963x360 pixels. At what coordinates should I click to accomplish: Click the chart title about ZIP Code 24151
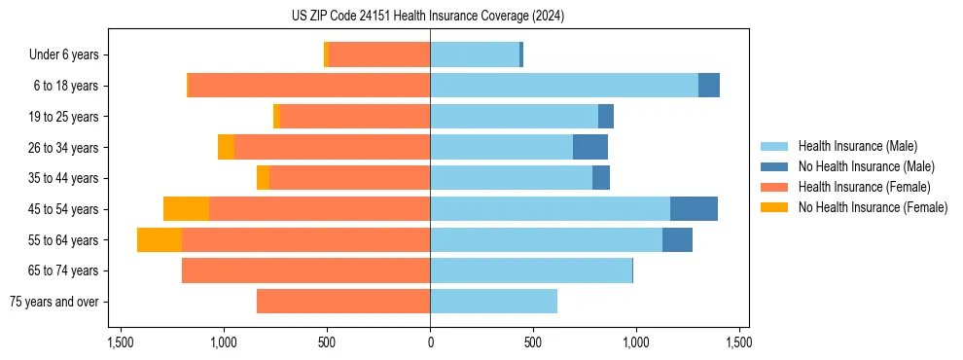tap(428, 16)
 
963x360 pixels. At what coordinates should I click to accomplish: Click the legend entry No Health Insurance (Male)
tap(866, 167)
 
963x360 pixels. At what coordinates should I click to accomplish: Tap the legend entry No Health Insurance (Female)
tap(873, 207)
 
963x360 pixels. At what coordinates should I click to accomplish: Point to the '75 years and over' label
tap(53, 302)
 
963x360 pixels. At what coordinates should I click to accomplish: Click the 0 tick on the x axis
tap(430, 342)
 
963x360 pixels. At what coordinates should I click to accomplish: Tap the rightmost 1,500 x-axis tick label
tap(738, 342)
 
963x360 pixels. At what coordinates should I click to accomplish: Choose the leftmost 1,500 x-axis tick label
tap(121, 342)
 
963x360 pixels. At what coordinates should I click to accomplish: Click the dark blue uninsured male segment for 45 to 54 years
tap(694, 209)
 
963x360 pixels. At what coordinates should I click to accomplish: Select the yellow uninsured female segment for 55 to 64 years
tap(160, 240)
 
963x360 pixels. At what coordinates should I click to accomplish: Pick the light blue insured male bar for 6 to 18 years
tap(564, 86)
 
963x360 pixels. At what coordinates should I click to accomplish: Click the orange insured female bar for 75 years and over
tap(343, 302)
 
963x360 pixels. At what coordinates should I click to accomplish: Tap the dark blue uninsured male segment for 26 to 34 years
tap(590, 148)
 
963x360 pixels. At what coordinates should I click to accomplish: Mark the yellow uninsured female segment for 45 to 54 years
tap(186, 209)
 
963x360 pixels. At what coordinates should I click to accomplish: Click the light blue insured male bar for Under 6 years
tap(475, 55)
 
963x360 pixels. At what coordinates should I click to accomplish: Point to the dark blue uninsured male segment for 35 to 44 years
tap(601, 178)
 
